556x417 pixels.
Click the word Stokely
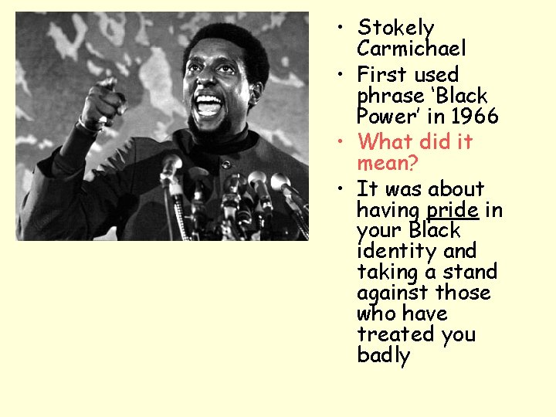point(396,29)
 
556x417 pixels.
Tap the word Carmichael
point(411,49)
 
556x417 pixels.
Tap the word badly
point(383,355)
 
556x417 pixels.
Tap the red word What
point(385,142)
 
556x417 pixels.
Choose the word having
point(388,210)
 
